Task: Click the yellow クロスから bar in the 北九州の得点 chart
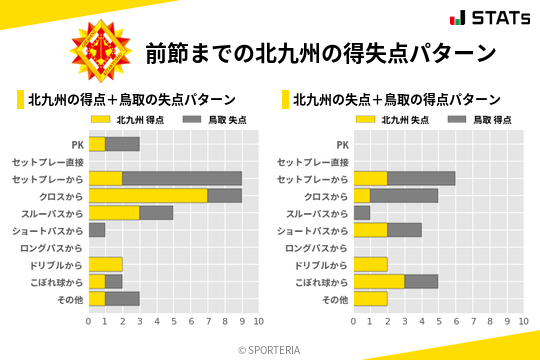point(148,195)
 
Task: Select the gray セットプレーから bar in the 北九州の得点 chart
point(182,178)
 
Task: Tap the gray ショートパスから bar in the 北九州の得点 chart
point(97,230)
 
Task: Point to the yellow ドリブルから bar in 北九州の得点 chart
point(105,264)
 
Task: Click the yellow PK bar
point(97,144)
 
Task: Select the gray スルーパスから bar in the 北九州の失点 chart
point(362,213)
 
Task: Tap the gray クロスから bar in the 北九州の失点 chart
point(404,195)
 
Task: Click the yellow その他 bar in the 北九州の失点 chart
point(370,298)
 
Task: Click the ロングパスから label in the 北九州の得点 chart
point(51,247)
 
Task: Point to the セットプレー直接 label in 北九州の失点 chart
point(312,161)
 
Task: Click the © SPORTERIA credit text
point(270,350)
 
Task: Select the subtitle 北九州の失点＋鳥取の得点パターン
point(397,100)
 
